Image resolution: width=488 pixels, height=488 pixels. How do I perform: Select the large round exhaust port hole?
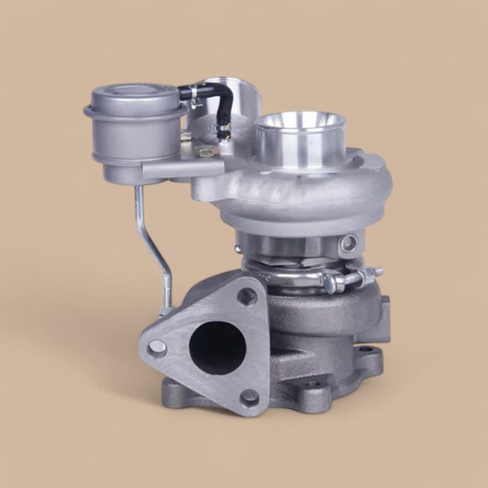click(217, 347)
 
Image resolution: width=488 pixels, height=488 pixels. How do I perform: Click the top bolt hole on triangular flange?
click(247, 296)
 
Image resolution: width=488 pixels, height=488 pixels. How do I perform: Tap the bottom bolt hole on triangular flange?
click(250, 398)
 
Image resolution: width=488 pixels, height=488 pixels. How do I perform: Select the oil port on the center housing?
click(349, 243)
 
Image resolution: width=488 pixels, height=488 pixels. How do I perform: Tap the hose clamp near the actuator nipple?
click(187, 93)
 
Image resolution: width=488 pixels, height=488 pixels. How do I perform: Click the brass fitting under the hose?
click(205, 150)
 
